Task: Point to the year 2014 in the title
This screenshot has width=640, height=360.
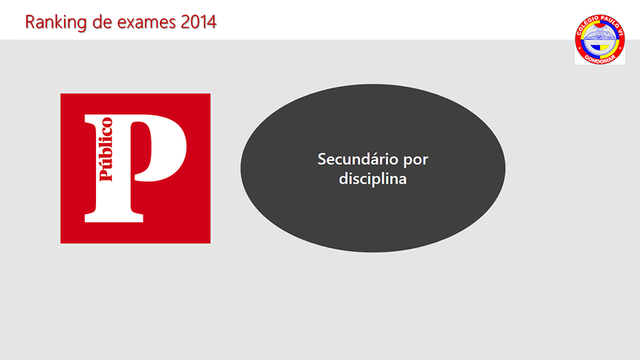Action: (x=198, y=21)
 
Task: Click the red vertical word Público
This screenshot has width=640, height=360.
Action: (x=106, y=149)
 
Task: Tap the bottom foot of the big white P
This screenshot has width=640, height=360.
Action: (x=114, y=217)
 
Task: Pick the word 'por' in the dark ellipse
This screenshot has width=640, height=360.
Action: (x=416, y=161)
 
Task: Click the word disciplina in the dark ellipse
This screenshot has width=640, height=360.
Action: (x=373, y=179)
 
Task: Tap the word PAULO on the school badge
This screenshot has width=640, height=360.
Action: (x=609, y=22)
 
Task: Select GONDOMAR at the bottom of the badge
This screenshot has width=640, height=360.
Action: (x=600, y=59)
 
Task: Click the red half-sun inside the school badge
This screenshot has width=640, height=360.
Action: (x=599, y=26)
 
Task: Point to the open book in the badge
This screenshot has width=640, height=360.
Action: (x=599, y=34)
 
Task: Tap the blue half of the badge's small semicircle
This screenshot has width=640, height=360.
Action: (x=595, y=48)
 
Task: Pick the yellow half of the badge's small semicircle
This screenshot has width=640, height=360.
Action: (x=604, y=48)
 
